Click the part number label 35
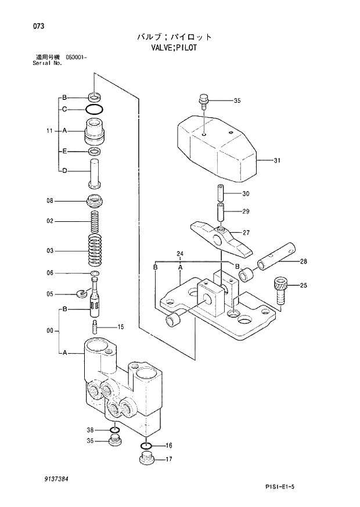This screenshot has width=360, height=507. click(237, 101)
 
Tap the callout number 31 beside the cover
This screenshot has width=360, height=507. click(277, 161)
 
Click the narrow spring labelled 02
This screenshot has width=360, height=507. click(94, 221)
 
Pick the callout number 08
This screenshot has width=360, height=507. click(50, 201)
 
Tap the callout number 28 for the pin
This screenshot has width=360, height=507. click(304, 261)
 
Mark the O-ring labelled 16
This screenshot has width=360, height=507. click(146, 446)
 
